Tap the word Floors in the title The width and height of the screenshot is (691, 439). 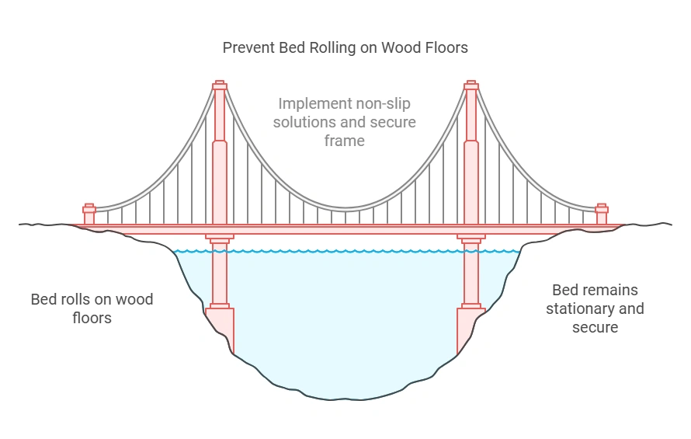pos(445,48)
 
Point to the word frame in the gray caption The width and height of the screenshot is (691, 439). pos(345,141)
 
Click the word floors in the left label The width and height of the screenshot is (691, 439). pos(92,318)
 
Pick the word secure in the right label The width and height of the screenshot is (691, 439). pos(596,327)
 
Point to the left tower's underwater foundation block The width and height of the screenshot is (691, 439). pos(220,326)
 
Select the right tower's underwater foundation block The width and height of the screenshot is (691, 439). pos(471,326)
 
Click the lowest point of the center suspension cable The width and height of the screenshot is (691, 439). pos(345,209)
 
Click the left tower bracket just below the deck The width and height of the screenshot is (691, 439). pos(220,237)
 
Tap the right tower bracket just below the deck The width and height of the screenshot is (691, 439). pos(471,237)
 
